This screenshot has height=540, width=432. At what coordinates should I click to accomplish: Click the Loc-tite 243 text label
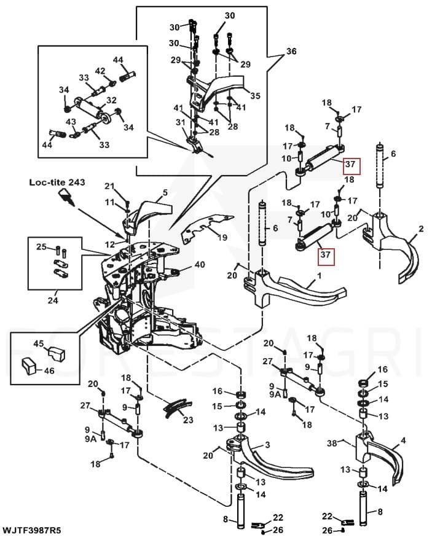pyautogui.click(x=56, y=182)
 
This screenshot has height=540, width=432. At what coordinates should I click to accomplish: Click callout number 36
pyautogui.click(x=291, y=52)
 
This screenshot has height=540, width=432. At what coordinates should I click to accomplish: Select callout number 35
pyautogui.click(x=255, y=96)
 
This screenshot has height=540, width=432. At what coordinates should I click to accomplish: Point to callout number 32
pyautogui.click(x=111, y=100)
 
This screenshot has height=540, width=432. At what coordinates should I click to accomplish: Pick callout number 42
pyautogui.click(x=100, y=71)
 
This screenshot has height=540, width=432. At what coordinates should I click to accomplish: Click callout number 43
pyautogui.click(x=71, y=122)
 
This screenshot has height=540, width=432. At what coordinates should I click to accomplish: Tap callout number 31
pyautogui.click(x=180, y=123)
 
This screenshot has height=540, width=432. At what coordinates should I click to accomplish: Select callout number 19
pyautogui.click(x=222, y=237)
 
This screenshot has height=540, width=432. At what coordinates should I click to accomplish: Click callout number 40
pyautogui.click(x=200, y=265)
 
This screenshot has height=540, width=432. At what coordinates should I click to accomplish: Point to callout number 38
pyautogui.click(x=332, y=442)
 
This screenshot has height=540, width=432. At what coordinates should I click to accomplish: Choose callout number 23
pyautogui.click(x=188, y=420)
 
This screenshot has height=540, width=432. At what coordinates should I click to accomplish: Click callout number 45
pyautogui.click(x=38, y=343)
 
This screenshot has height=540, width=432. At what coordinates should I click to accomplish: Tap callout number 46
pyautogui.click(x=49, y=371)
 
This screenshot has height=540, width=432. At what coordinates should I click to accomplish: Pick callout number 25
pyautogui.click(x=41, y=247)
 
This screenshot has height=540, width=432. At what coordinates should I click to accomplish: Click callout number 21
pyautogui.click(x=109, y=186)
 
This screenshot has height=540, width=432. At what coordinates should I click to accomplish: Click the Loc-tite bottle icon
pyautogui.click(x=67, y=197)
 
